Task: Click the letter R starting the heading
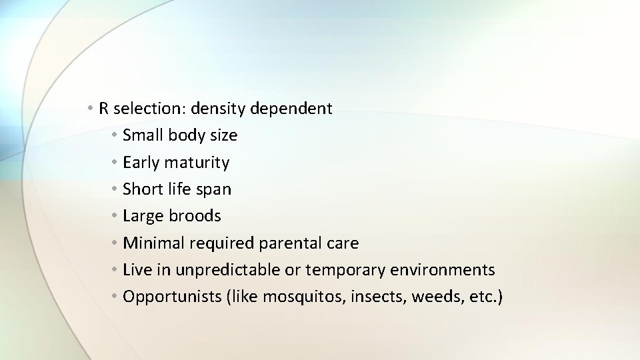[x=104, y=108]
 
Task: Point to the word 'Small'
[x=143, y=135]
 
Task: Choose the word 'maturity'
[x=197, y=163]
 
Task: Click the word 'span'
[x=214, y=190]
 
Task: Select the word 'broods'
[x=195, y=216]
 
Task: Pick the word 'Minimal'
[x=154, y=243]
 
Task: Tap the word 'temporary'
[x=342, y=270]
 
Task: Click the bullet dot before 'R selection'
[x=90, y=108]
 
